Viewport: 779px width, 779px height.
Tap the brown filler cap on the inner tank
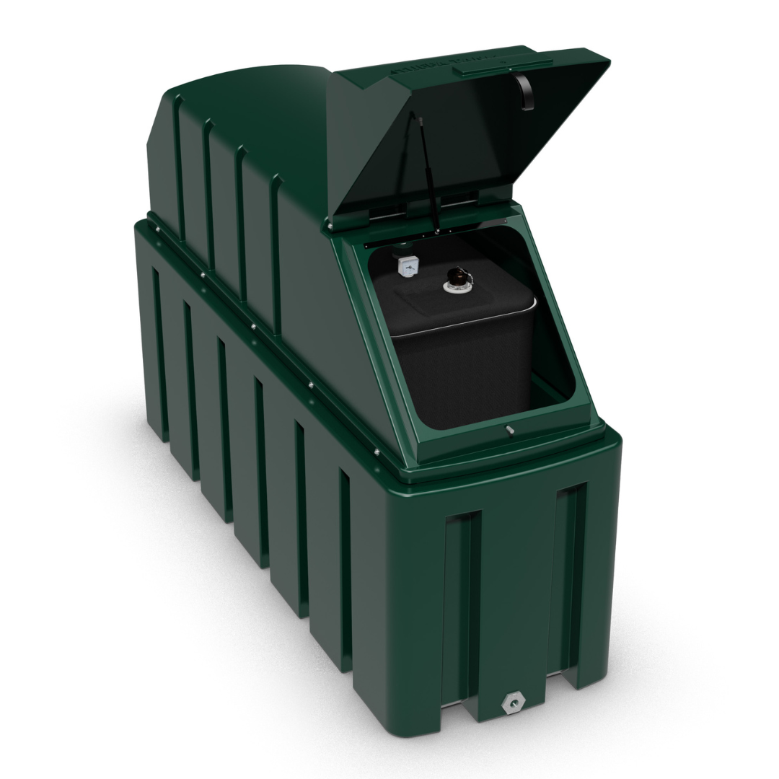pyautogui.click(x=456, y=277)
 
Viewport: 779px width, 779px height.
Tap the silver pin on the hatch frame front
pyautogui.click(x=509, y=431)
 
